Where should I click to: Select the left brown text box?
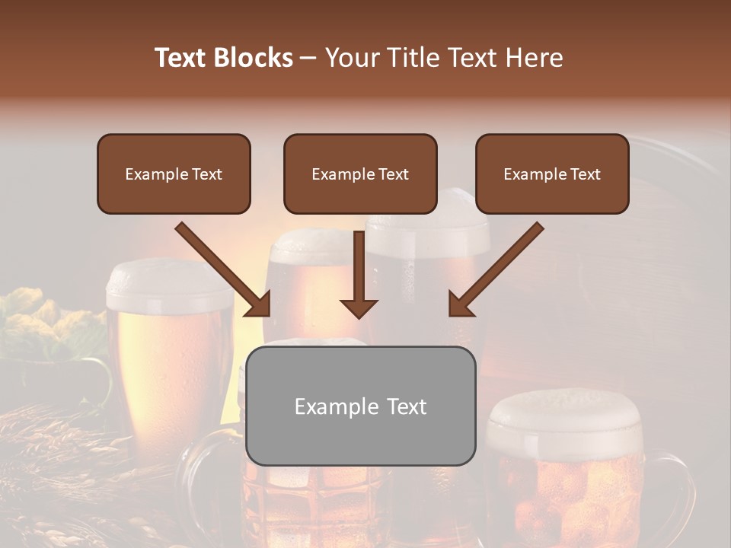(174, 174)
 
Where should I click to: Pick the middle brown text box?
(360, 174)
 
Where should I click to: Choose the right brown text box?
(552, 174)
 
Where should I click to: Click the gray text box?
(360, 406)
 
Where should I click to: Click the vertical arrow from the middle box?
(359, 270)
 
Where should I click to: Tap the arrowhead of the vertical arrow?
(359, 307)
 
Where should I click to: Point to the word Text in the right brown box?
(585, 174)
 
